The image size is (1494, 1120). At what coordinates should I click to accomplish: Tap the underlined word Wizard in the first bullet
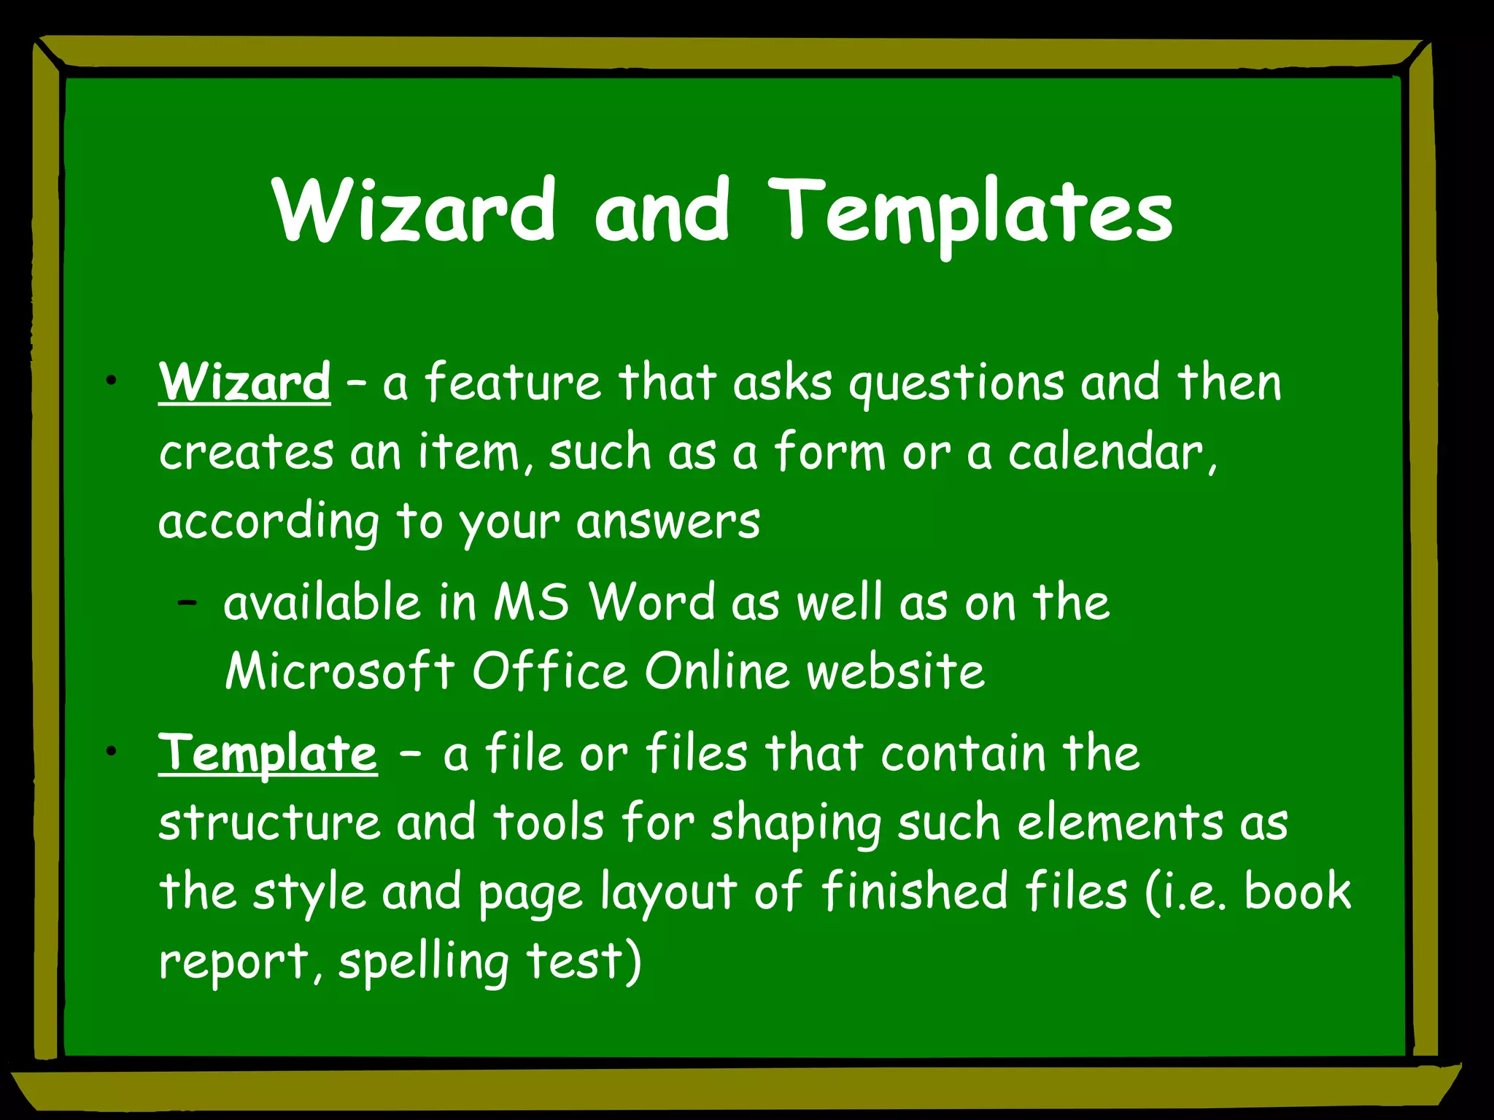point(244,381)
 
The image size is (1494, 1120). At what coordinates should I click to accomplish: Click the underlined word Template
point(268,752)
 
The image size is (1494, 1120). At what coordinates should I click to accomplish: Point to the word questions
point(956,384)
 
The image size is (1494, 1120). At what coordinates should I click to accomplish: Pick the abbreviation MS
point(531,602)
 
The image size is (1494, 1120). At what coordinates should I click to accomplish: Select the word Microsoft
point(340,671)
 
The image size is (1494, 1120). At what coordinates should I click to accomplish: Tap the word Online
point(717,671)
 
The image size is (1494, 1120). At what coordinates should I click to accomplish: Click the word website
point(896,671)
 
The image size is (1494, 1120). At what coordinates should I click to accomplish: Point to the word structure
point(269,822)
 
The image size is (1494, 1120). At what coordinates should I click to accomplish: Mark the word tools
point(549,822)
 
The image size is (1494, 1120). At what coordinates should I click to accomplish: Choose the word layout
point(668,892)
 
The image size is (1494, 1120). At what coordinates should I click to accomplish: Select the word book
point(1297,891)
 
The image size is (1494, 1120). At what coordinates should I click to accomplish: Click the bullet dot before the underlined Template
point(111,751)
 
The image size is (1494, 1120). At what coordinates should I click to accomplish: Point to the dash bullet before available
point(187,603)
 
